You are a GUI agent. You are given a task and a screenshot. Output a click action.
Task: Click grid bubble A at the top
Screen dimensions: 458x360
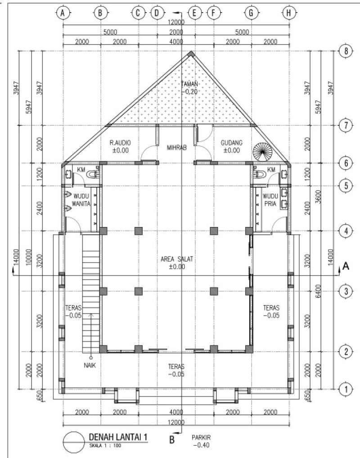click(63, 14)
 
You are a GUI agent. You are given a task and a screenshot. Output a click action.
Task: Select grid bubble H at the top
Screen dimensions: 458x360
click(288, 14)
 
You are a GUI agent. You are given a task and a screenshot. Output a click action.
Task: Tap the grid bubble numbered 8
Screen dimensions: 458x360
click(346, 51)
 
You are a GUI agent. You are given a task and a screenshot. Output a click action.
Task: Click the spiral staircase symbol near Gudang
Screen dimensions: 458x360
click(261, 151)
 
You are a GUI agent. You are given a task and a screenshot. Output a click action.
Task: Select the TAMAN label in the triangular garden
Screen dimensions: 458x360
click(189, 84)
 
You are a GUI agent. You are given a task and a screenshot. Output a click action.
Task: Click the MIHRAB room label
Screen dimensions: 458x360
click(176, 147)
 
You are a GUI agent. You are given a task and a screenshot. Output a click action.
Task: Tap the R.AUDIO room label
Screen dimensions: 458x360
click(120, 143)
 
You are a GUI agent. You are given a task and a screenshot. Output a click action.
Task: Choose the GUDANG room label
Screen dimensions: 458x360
click(232, 143)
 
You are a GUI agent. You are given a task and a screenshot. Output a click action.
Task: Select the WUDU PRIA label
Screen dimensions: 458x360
click(270, 200)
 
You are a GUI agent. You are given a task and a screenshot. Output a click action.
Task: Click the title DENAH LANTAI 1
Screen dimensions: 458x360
click(118, 437)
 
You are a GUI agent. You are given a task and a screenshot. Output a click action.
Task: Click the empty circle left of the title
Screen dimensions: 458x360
click(73, 442)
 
